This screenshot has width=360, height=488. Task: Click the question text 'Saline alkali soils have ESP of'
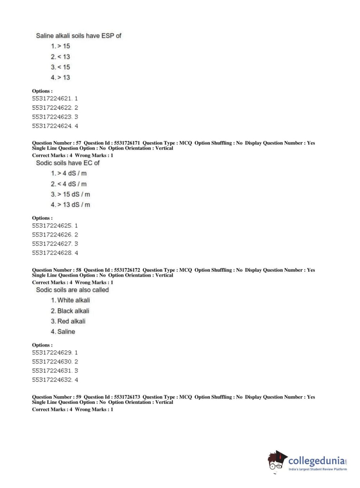pyautogui.click(x=78, y=36)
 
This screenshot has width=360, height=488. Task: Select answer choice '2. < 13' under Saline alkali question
pyautogui.click(x=60, y=57)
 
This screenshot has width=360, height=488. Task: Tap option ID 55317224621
pyautogui.click(x=55, y=99)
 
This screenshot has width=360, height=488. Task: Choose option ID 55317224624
pyautogui.click(x=55, y=126)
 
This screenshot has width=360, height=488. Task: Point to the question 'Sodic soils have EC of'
pyautogui.click(x=68, y=163)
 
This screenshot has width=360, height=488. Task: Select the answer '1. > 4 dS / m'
pyautogui.click(x=69, y=173)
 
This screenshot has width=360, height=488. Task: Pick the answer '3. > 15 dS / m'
pyautogui.click(x=70, y=194)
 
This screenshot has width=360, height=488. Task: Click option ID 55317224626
pyautogui.click(x=55, y=235)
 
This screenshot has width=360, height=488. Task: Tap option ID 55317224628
pyautogui.click(x=55, y=253)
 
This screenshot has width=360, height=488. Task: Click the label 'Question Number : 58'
pyautogui.click(x=56, y=270)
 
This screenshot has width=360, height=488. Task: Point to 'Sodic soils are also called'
pyautogui.click(x=72, y=290)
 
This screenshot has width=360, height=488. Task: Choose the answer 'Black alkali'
pyautogui.click(x=70, y=311)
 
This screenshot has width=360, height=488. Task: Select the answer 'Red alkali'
pyautogui.click(x=68, y=321)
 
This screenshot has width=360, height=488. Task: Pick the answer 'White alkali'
pyautogui.click(x=70, y=300)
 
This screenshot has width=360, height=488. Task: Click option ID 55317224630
pyautogui.click(x=55, y=362)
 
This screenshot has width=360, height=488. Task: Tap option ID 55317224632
pyautogui.click(x=55, y=380)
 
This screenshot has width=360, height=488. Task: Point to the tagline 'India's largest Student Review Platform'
pyautogui.click(x=318, y=469)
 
